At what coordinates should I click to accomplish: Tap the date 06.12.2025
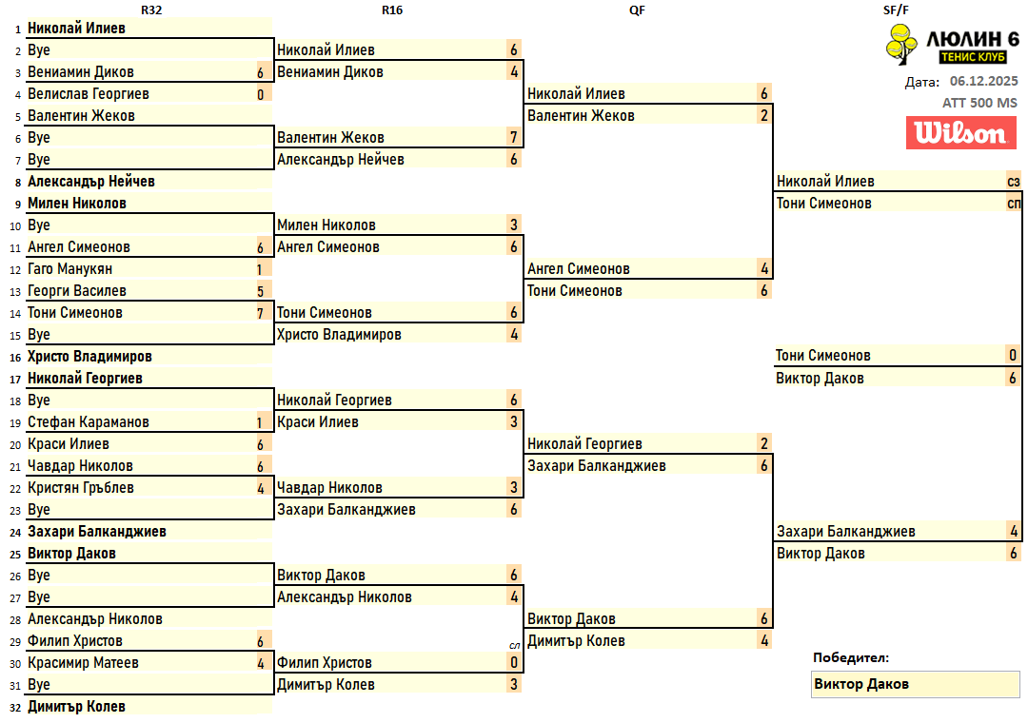click(x=983, y=82)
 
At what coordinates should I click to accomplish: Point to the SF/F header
click(x=897, y=10)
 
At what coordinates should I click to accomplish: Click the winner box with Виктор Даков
click(x=914, y=684)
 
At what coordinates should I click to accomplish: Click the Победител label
click(x=851, y=657)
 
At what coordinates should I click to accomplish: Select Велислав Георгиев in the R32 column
click(x=89, y=94)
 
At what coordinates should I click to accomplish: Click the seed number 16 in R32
click(x=14, y=358)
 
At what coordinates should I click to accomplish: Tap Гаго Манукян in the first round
click(x=70, y=269)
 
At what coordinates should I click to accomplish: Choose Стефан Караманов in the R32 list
click(x=89, y=422)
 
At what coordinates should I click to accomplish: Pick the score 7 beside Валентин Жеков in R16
click(x=514, y=138)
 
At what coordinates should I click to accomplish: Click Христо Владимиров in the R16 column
click(x=339, y=335)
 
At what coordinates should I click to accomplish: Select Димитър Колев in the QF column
click(x=576, y=641)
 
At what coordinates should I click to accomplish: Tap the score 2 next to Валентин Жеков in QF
click(x=764, y=116)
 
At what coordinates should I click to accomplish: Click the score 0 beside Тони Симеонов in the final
click(x=1013, y=356)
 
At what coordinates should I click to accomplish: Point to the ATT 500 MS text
click(x=979, y=103)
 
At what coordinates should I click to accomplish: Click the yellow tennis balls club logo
click(x=899, y=45)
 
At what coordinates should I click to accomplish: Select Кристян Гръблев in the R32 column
click(x=81, y=488)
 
